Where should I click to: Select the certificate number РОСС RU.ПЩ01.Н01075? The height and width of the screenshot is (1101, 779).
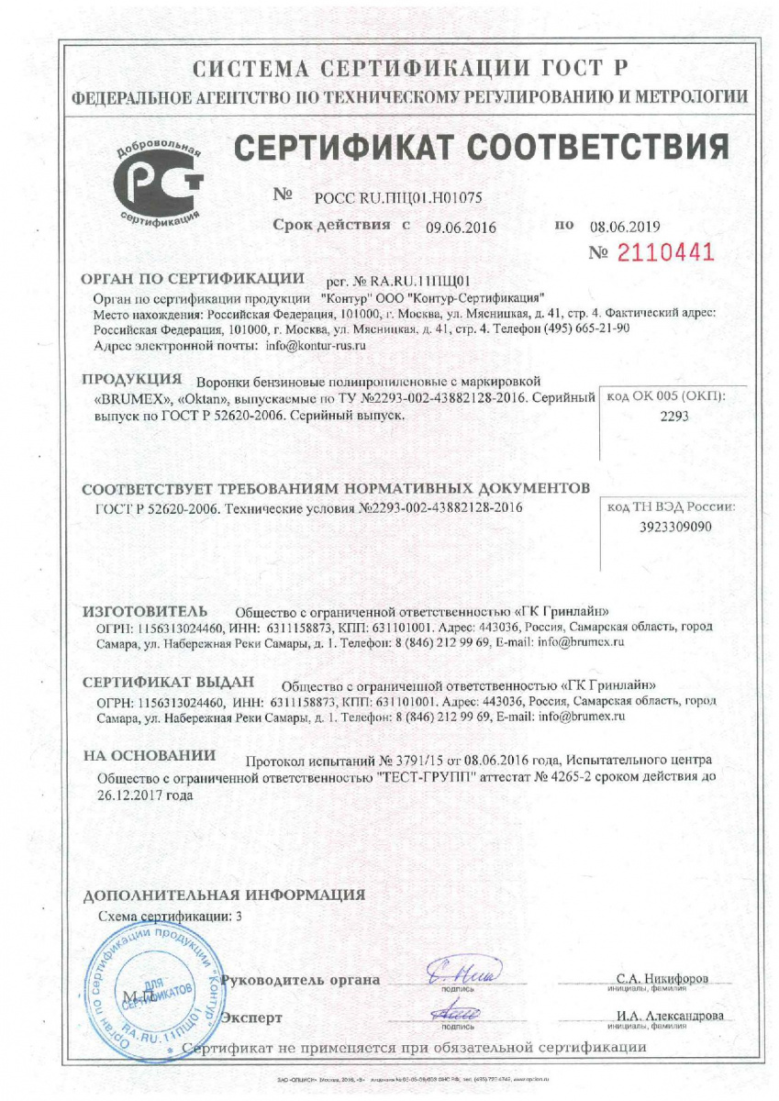click(x=398, y=196)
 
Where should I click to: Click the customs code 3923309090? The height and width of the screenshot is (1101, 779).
click(x=674, y=527)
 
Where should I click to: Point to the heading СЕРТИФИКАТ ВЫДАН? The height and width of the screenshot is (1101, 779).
click(x=167, y=684)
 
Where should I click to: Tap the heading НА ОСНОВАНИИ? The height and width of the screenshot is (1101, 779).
click(x=149, y=756)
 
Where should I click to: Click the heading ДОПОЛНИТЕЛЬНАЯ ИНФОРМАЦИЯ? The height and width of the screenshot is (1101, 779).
click(x=224, y=895)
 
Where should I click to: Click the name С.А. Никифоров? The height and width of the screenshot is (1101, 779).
click(x=662, y=979)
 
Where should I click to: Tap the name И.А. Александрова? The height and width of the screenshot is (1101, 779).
click(x=670, y=1016)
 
